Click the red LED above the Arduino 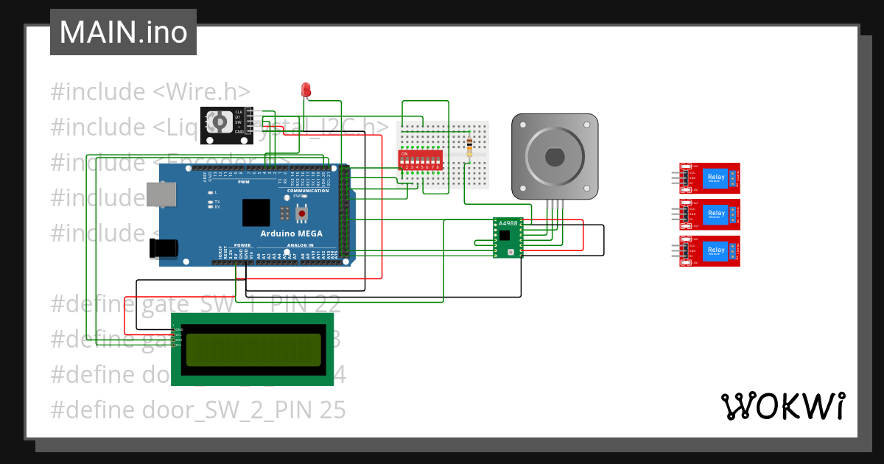[x=306, y=90]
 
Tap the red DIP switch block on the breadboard [x=421, y=160]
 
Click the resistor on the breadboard [x=470, y=147]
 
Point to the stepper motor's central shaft [x=554, y=157]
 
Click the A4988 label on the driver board [x=508, y=223]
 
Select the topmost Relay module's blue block [x=715, y=177]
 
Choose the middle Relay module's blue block [x=715, y=214]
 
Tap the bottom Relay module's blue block [x=715, y=250]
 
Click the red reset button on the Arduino [x=301, y=214]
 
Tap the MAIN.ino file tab [x=123, y=32]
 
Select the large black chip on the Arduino [x=256, y=212]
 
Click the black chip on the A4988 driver [x=504, y=236]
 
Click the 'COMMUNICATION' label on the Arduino [x=308, y=190]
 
